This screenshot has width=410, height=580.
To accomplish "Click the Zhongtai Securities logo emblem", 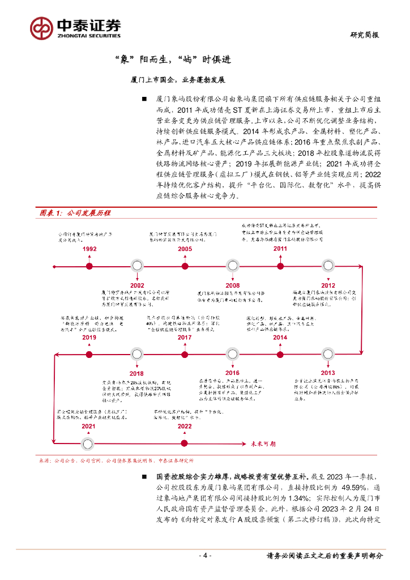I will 41,28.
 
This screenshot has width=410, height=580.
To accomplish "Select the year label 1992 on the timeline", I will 89,249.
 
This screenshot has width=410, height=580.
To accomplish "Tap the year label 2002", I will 136,285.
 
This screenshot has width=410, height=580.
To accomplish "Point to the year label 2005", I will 185,249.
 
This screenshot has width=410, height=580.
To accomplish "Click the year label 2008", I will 232,285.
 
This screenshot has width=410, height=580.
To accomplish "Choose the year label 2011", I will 280,249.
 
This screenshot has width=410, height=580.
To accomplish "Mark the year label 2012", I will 328,285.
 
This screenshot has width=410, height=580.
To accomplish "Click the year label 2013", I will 328,373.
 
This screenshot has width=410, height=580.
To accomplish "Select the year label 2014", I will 280,338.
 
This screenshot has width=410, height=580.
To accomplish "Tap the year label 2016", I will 232,373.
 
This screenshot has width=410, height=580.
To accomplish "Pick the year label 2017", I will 185,338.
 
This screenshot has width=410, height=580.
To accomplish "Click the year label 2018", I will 136,373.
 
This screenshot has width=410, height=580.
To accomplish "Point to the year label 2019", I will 89,338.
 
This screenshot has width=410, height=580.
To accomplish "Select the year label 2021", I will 88,426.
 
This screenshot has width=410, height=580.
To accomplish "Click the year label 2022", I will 185,426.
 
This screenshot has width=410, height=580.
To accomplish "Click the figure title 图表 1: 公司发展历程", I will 74,213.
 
